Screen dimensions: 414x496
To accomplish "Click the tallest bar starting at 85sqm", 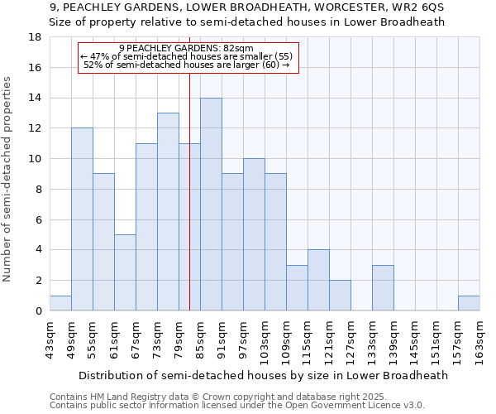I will coord(211,205).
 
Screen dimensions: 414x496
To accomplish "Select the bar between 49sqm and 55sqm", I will coord(82,219).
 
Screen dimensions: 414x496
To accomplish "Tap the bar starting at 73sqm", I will coord(168,212).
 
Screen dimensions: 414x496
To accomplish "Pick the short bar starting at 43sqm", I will coord(60,303).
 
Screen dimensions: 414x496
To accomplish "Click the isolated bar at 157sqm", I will coord(469,303).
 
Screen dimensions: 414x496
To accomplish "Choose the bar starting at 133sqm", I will coord(383,288).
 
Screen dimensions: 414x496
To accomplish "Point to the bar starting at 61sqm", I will coord(125,272).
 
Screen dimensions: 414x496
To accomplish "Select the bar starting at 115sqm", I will coord(318,280).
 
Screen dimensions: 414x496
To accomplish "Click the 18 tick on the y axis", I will coord(36,37).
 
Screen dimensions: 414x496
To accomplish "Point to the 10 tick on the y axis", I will coord(36,159).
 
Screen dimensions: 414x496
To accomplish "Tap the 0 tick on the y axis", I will coord(39,310).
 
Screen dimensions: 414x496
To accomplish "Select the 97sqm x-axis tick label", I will coord(243,339).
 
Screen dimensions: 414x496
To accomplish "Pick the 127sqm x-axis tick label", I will coord(351,339).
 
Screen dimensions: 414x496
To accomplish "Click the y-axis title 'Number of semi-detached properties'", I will coord(8,179).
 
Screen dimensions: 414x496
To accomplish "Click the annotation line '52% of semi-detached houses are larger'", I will coord(187,65).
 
